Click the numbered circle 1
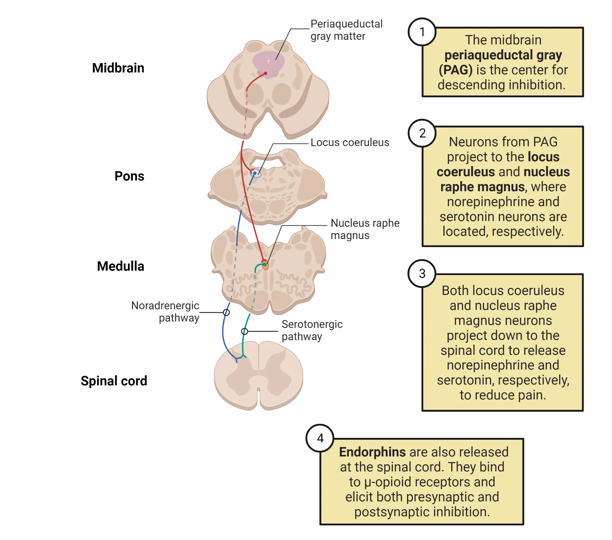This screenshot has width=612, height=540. coord(422,32)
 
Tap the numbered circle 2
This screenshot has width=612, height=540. coord(422,133)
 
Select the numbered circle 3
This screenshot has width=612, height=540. coord(422,273)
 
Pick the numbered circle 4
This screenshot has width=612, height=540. coord(320,438)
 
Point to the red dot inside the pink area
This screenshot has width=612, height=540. coord(266,73)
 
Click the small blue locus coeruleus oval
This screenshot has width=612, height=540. coord(255,173)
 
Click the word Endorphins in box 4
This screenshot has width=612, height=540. coord(372,452)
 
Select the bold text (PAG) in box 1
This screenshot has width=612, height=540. coord(455,70)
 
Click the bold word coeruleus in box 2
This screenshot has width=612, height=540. coord(465,172)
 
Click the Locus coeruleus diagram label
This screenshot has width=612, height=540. coord(349,143)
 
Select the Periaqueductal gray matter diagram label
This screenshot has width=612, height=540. coord(345,30)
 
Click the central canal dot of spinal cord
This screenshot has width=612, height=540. coord(259,373)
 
